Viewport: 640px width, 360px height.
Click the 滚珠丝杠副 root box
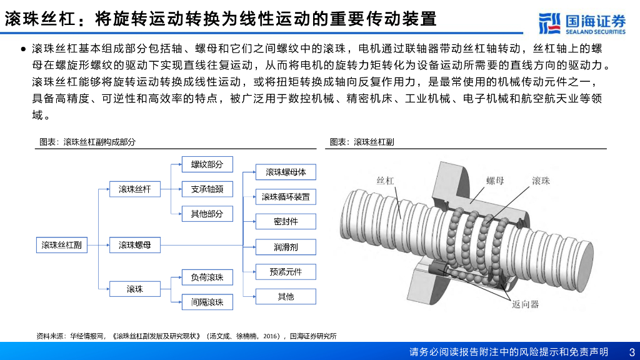click(x=61, y=245)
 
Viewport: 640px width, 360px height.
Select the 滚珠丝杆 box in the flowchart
click(x=135, y=189)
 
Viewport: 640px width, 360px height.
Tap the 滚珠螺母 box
click(x=135, y=245)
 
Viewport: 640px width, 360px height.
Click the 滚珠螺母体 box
click(x=286, y=172)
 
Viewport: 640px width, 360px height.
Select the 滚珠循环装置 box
click(x=286, y=197)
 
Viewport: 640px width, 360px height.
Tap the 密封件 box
click(x=286, y=221)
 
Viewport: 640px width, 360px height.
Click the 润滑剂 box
click(x=286, y=247)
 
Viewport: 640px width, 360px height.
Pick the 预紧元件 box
click(x=286, y=271)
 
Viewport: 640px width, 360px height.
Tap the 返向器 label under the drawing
click(x=525, y=304)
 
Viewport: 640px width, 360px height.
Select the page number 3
click(x=631, y=352)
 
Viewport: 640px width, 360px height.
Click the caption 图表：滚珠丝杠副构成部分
click(x=87, y=142)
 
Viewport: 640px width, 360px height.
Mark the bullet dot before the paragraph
click(x=23, y=49)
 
